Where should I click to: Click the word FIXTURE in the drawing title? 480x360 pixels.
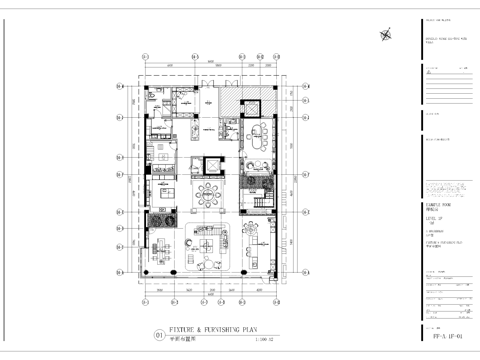pos(183,328)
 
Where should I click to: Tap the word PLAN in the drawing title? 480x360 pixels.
pos(254,328)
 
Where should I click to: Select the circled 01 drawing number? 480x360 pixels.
pos(157,335)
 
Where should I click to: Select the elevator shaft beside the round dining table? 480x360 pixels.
pos(210,167)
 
